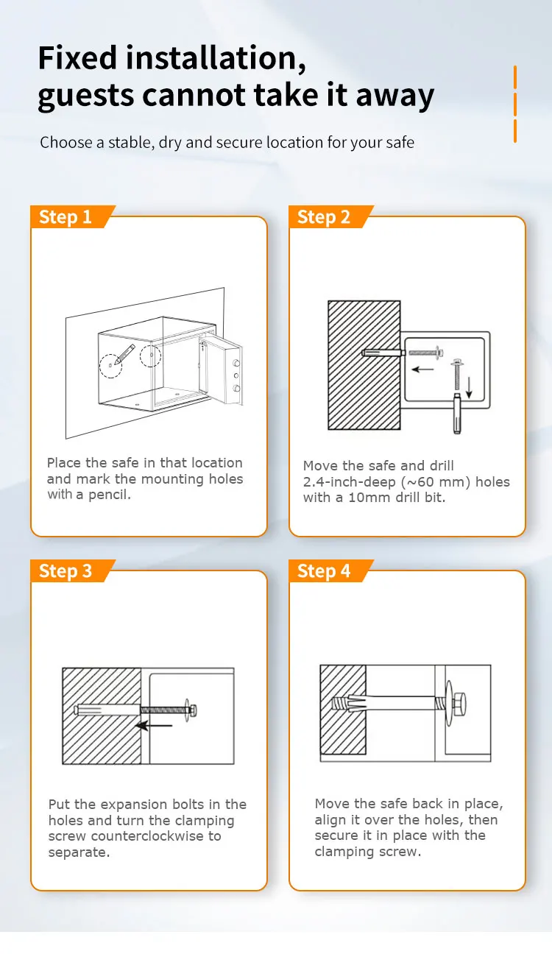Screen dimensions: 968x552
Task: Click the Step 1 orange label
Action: click(x=66, y=217)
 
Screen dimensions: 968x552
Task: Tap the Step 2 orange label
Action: click(x=324, y=217)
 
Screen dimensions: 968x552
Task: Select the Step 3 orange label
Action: click(x=66, y=571)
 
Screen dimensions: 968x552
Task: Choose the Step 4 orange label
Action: click(x=324, y=571)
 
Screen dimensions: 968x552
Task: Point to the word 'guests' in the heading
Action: click(x=85, y=96)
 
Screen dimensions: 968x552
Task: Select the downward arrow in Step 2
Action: click(x=469, y=383)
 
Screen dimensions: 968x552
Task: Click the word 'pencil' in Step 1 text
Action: click(x=110, y=495)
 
